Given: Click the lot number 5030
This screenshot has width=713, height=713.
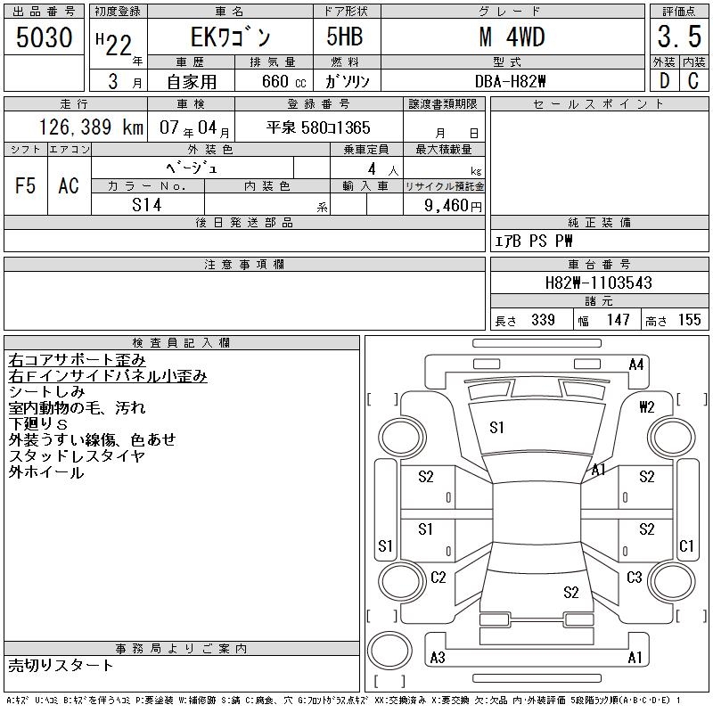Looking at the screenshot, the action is coord(45,37).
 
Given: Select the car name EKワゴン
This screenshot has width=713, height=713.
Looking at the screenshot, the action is coord(229,37).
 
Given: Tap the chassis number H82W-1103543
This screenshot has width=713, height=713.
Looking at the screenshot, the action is coord(598,283).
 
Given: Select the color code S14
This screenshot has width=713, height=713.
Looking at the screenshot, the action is coord(147,205).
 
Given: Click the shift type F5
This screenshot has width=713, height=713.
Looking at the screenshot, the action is coord(26,185).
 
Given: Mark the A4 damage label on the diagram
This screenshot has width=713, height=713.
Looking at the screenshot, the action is coord(635,364).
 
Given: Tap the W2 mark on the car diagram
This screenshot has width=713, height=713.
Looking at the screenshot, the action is coord(647,407).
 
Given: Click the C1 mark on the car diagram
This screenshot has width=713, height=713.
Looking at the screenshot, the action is coord(686,545).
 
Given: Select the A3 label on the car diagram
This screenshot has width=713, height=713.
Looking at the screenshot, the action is coord(438,658).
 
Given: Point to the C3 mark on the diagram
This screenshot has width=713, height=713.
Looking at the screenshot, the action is coord(634,578).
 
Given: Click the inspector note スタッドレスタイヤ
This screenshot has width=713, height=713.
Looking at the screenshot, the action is coord(77,455).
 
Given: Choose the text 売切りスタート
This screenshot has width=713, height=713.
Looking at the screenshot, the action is coord(61,665).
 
